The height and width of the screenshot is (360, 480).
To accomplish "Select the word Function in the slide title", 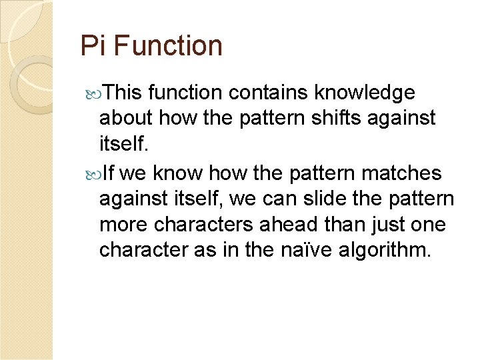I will [168, 46].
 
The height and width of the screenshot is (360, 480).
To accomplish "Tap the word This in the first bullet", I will [125, 92].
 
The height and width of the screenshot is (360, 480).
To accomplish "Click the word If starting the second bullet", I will [109, 173].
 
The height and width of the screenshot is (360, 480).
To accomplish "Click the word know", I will [179, 173].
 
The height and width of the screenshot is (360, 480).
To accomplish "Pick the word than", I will [331, 225].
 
